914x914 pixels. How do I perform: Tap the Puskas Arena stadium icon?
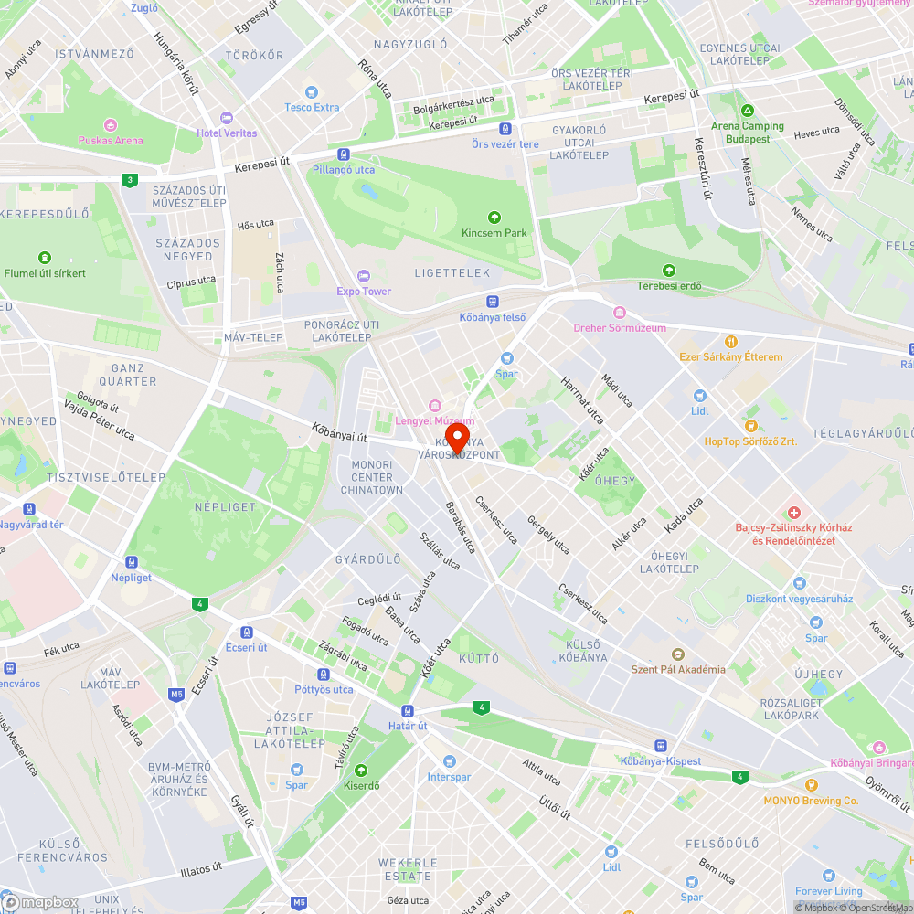point(111,124)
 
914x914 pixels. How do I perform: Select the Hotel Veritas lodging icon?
point(227,118)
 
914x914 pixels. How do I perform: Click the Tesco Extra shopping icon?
point(312,91)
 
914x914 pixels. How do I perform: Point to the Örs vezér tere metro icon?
point(505,129)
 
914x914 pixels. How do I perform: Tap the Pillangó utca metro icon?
point(343,154)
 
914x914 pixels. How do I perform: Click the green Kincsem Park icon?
point(494,218)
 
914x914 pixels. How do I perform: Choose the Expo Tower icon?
point(364,276)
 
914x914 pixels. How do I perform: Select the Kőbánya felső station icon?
point(493,302)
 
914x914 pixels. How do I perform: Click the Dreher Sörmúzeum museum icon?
point(620,313)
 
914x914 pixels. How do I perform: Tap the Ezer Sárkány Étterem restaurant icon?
point(730,341)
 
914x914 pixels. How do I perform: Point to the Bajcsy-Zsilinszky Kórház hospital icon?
point(794,513)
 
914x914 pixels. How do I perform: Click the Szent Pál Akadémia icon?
point(677,654)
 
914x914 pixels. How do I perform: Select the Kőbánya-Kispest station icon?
point(661,746)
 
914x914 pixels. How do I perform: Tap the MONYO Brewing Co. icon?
point(811,785)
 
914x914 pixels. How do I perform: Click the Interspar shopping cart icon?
point(449,761)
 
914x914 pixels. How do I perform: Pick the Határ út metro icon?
point(408,711)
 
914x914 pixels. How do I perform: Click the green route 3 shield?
point(131,180)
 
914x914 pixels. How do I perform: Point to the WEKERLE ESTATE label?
point(408,869)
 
